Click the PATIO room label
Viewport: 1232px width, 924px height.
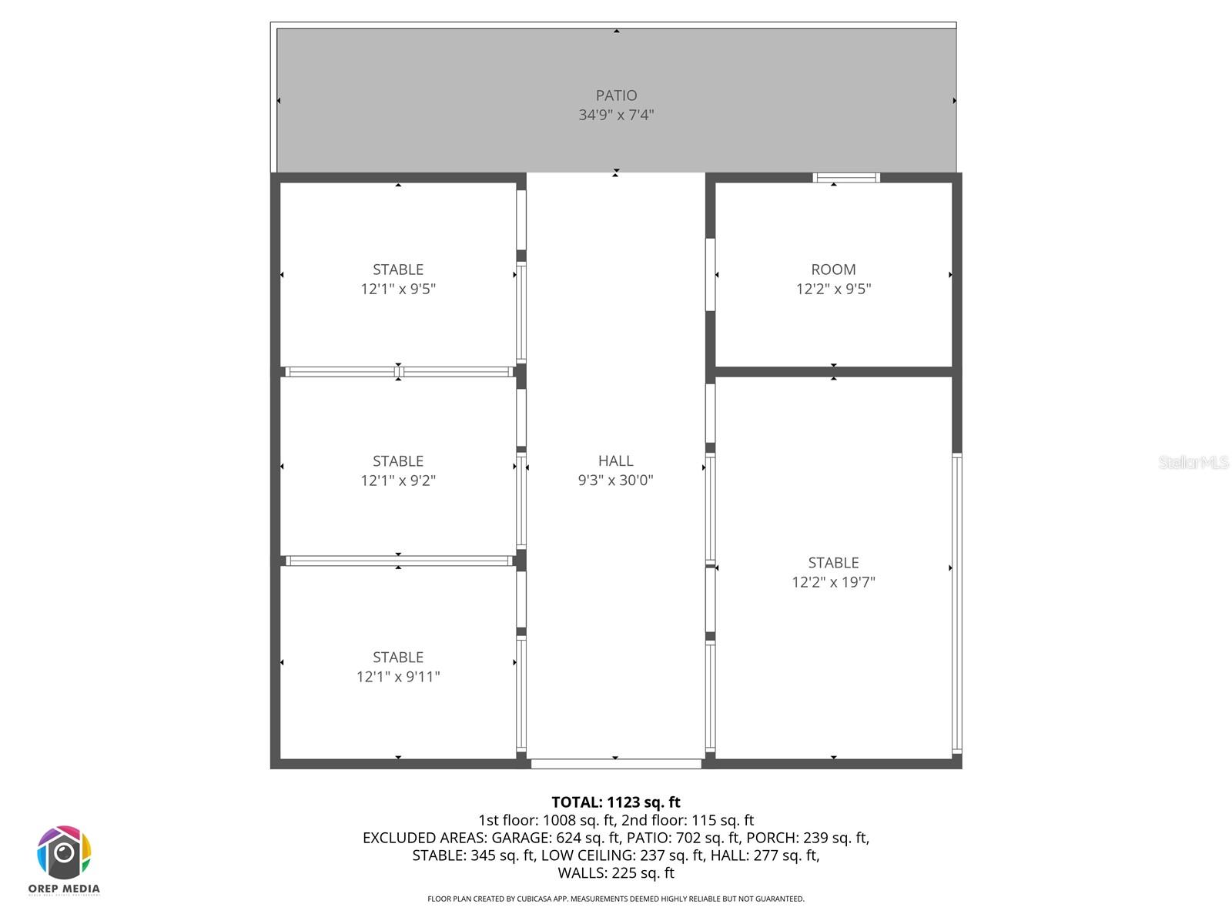[x=616, y=95]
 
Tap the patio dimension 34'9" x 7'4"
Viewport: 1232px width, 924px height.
[x=616, y=115]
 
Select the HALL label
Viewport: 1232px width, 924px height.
[x=615, y=460]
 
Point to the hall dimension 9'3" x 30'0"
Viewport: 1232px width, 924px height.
[x=615, y=480]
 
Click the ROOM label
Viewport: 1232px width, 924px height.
[x=833, y=269]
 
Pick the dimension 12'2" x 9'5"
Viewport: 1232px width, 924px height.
[x=833, y=289]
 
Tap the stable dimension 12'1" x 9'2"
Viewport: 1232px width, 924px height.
[x=398, y=480]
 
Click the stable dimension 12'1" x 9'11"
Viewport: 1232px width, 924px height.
[x=398, y=677]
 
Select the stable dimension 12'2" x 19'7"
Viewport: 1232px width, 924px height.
[x=833, y=582]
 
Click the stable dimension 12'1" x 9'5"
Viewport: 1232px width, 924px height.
[x=398, y=289]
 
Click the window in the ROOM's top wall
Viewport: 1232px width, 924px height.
[x=846, y=178]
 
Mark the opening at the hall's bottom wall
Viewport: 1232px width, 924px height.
[x=616, y=764]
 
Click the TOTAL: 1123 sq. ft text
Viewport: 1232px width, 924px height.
[x=616, y=802]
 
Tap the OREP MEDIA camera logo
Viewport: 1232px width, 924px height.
[x=64, y=853]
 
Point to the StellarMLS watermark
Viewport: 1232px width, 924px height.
[x=1193, y=463]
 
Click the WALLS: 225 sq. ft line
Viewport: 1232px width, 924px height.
[x=616, y=873]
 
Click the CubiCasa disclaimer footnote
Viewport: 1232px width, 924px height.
[x=616, y=899]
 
